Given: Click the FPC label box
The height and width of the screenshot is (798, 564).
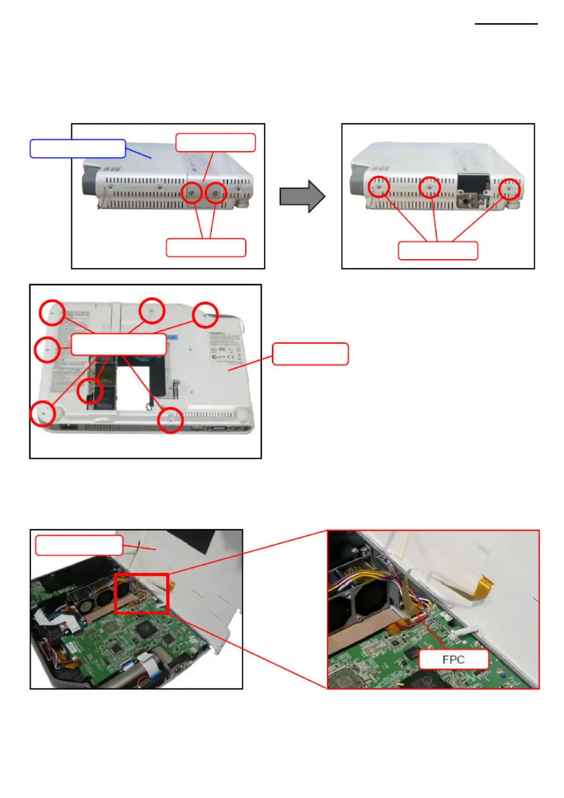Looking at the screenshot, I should (x=453, y=659).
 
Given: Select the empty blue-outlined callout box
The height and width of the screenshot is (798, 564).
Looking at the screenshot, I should (x=78, y=148).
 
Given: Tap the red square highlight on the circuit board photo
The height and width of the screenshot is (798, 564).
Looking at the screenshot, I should (x=142, y=593).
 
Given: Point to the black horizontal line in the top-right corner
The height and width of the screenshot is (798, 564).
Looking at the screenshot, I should (x=506, y=24).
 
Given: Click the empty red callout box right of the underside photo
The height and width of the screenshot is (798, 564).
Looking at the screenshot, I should (x=310, y=354).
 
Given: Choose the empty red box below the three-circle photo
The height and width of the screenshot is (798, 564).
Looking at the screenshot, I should (x=438, y=251).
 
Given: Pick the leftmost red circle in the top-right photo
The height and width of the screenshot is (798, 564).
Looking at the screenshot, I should (x=379, y=187).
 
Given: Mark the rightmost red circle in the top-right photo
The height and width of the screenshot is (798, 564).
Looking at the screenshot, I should (x=509, y=189).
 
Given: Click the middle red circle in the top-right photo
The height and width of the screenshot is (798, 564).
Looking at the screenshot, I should (x=430, y=187).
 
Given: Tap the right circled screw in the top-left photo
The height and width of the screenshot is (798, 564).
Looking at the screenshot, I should (x=215, y=193).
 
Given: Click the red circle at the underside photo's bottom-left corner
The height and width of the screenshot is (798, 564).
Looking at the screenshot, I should (x=43, y=413).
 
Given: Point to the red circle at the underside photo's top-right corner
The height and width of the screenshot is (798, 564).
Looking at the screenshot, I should (x=205, y=314).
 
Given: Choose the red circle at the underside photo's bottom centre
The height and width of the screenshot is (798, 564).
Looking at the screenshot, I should (x=170, y=420).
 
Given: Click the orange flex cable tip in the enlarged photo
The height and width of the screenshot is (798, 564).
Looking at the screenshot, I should (x=486, y=581).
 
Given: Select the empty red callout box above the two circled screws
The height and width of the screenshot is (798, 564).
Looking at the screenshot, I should (x=216, y=143).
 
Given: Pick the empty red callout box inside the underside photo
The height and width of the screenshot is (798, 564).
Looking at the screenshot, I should (x=118, y=344).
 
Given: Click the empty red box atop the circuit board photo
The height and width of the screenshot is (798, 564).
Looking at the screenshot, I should (x=79, y=545).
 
